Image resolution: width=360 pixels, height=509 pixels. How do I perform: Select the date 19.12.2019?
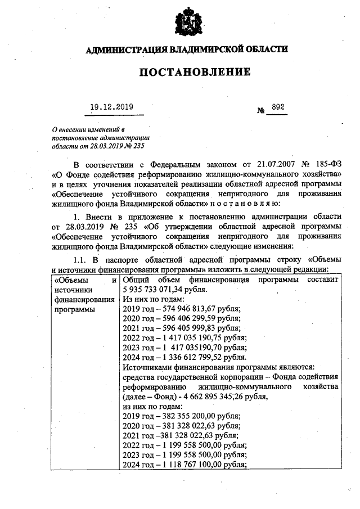click(x=112, y=106)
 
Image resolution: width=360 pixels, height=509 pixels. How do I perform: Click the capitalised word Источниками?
click(x=148, y=367)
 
